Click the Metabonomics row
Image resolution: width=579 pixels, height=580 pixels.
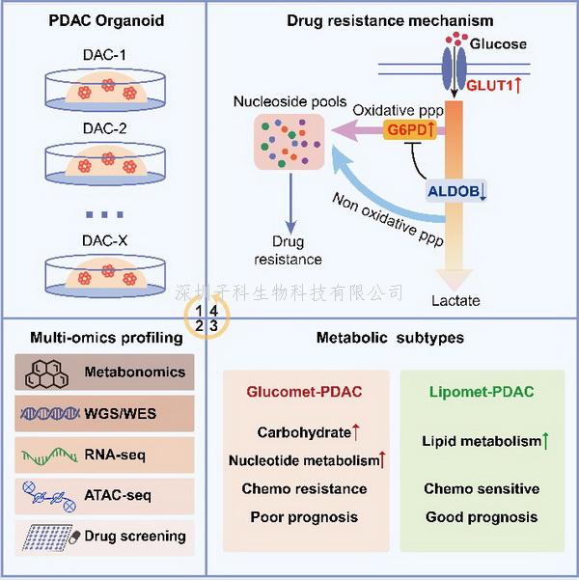point(106,372)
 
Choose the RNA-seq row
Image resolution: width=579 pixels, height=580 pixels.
point(106,455)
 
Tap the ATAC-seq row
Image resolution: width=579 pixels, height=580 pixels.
point(106,495)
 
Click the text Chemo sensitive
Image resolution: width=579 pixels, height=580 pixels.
point(481,488)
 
